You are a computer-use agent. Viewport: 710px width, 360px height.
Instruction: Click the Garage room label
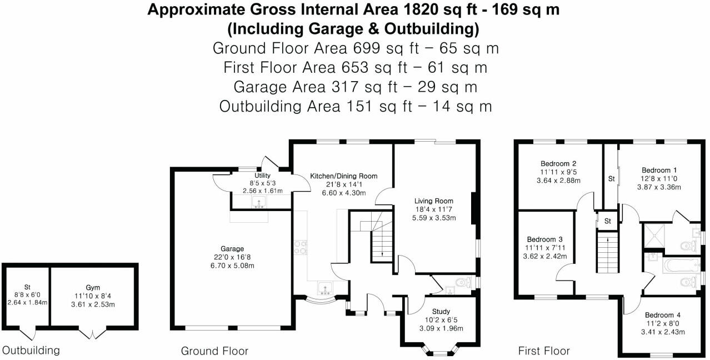232,249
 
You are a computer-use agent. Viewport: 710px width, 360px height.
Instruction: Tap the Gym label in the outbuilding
93,287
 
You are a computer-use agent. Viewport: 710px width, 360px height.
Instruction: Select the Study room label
441,312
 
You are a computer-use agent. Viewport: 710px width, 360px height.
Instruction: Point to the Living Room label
433,201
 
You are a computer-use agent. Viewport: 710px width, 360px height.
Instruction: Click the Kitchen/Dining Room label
343,176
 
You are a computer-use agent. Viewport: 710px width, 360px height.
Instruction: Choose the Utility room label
262,175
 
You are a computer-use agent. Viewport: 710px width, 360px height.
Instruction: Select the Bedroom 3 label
544,239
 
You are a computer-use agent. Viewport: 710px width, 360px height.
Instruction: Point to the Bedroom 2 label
558,164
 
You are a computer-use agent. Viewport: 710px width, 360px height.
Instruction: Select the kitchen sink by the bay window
324,288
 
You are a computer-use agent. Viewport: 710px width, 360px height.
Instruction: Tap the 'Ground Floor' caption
214,351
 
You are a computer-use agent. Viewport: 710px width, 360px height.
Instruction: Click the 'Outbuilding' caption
31,351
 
